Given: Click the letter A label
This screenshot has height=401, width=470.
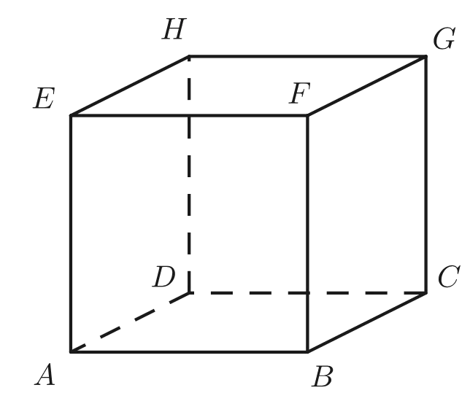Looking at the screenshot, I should (x=45, y=375).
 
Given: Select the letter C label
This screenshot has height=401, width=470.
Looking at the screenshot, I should (x=448, y=278).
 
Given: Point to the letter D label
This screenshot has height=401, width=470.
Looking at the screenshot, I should (x=164, y=277).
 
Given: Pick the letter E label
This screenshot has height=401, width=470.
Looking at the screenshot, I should (x=45, y=98).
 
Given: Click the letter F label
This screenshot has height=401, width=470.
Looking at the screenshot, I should (x=300, y=93).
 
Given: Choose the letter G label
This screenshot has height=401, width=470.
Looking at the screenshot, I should (x=444, y=39).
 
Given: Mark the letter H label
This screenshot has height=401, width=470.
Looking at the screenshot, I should (x=174, y=30).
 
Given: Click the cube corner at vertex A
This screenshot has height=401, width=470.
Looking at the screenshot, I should (x=71, y=352).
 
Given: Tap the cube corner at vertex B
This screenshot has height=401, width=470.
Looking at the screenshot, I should (x=307, y=352).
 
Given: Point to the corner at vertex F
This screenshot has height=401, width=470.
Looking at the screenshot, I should (x=307, y=114).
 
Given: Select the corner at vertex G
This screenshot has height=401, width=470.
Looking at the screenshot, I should (x=425, y=55).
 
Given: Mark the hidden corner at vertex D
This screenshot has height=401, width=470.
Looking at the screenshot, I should (x=190, y=294).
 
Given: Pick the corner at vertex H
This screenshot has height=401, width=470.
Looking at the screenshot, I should (x=190, y=55).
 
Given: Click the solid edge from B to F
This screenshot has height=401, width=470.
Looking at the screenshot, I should (x=307, y=233).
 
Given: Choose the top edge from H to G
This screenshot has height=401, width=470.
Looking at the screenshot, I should (x=307, y=55).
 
